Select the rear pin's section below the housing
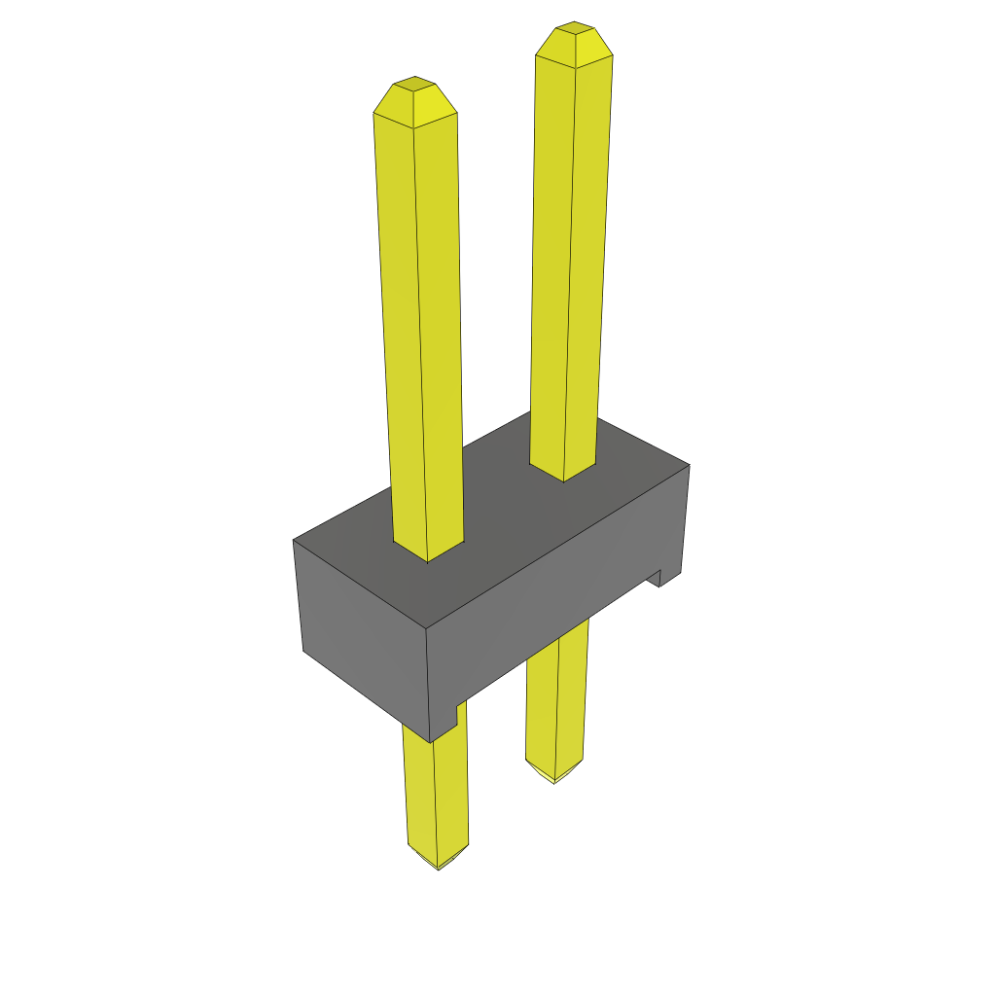tap(556, 700)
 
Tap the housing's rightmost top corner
tap(689, 465)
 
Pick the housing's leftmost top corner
tap(294, 541)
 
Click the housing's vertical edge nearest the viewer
tap(428, 681)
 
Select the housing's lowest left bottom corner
tap(303, 650)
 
